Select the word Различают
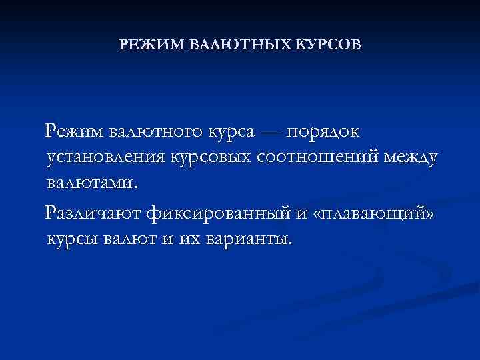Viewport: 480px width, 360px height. [93, 213]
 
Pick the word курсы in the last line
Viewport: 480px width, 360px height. [72, 239]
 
